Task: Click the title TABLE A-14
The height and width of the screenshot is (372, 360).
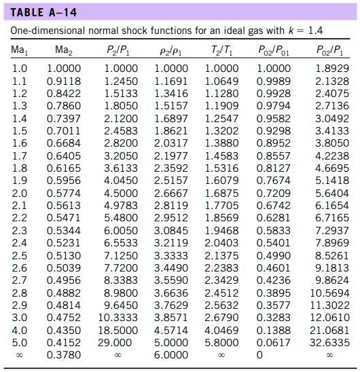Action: point(43,13)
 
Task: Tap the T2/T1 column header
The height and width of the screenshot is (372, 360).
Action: point(221,50)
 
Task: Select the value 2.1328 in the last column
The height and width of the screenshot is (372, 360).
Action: point(332,81)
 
